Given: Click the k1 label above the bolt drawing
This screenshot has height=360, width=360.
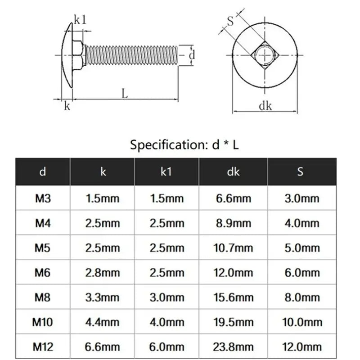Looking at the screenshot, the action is (80, 20).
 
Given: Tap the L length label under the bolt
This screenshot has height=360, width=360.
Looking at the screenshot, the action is (125, 94).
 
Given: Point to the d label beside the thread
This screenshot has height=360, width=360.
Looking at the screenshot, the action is (192, 55).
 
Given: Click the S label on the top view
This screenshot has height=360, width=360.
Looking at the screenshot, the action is (230, 21).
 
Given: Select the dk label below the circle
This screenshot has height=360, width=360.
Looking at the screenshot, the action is (265, 106).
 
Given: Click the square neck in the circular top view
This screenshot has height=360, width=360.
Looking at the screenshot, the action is (265, 55).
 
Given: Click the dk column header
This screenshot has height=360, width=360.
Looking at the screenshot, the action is (233, 172).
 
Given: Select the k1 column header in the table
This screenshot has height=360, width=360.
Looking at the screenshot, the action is (166, 172).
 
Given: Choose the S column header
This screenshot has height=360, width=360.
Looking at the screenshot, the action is (300, 171).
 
